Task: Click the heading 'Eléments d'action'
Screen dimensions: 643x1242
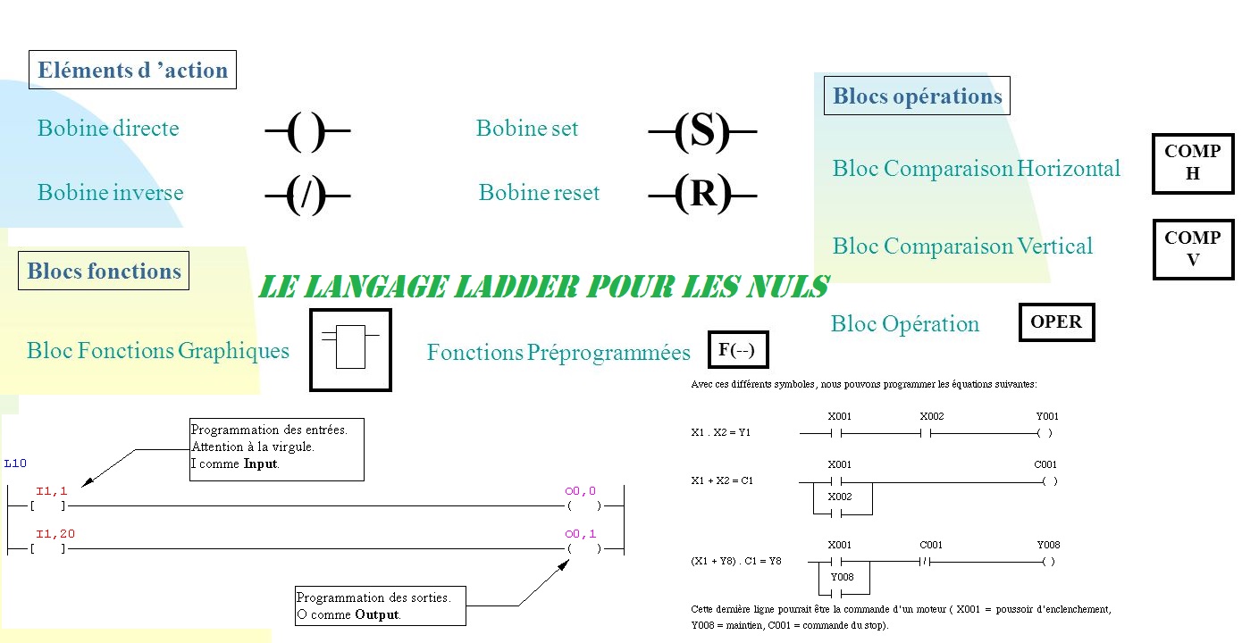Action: tap(132, 71)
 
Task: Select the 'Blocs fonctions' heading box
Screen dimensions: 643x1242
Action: tap(104, 271)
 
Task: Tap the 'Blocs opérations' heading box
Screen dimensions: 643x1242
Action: tap(917, 96)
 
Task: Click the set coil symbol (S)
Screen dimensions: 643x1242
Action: tap(702, 131)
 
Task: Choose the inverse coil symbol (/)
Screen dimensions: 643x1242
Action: tap(306, 195)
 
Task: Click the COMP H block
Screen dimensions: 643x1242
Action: tap(1193, 163)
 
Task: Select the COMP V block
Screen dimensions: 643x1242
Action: tap(1193, 249)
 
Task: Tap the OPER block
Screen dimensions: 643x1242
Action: tap(1056, 322)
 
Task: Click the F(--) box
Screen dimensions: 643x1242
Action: tap(737, 350)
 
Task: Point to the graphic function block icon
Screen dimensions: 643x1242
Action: tap(350, 350)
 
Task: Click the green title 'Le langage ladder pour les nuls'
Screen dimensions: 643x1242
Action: tap(543, 287)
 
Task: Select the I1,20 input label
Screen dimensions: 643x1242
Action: tap(50, 534)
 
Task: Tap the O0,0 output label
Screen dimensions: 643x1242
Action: tap(580, 490)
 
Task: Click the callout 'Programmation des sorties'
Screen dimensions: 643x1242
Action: tap(381, 605)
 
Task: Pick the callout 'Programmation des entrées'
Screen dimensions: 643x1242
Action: tap(276, 447)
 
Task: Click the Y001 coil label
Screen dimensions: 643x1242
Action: tap(1047, 416)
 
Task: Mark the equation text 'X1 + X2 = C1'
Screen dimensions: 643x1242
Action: tap(722, 480)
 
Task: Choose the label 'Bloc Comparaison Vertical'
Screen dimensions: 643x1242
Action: tap(962, 246)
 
